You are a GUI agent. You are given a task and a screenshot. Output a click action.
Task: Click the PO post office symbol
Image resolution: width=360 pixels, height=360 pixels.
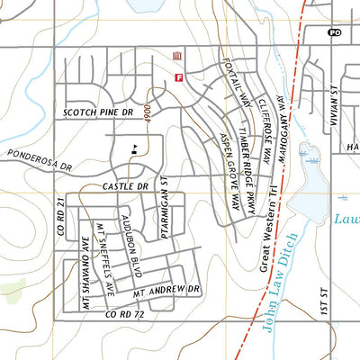pos(335,32)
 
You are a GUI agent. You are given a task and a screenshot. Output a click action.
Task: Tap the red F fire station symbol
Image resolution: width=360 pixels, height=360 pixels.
pos(178,78)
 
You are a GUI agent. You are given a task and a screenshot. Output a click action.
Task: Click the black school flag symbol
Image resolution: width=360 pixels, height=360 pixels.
pos(133,149)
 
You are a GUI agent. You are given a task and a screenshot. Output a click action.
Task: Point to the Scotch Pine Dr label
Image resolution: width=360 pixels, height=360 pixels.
pos(98,112)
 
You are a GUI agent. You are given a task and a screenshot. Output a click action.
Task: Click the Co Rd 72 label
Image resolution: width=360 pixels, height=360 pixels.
pos(124,315)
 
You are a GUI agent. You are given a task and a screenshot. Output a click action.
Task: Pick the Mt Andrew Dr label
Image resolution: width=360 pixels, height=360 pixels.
pos(166,291)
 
